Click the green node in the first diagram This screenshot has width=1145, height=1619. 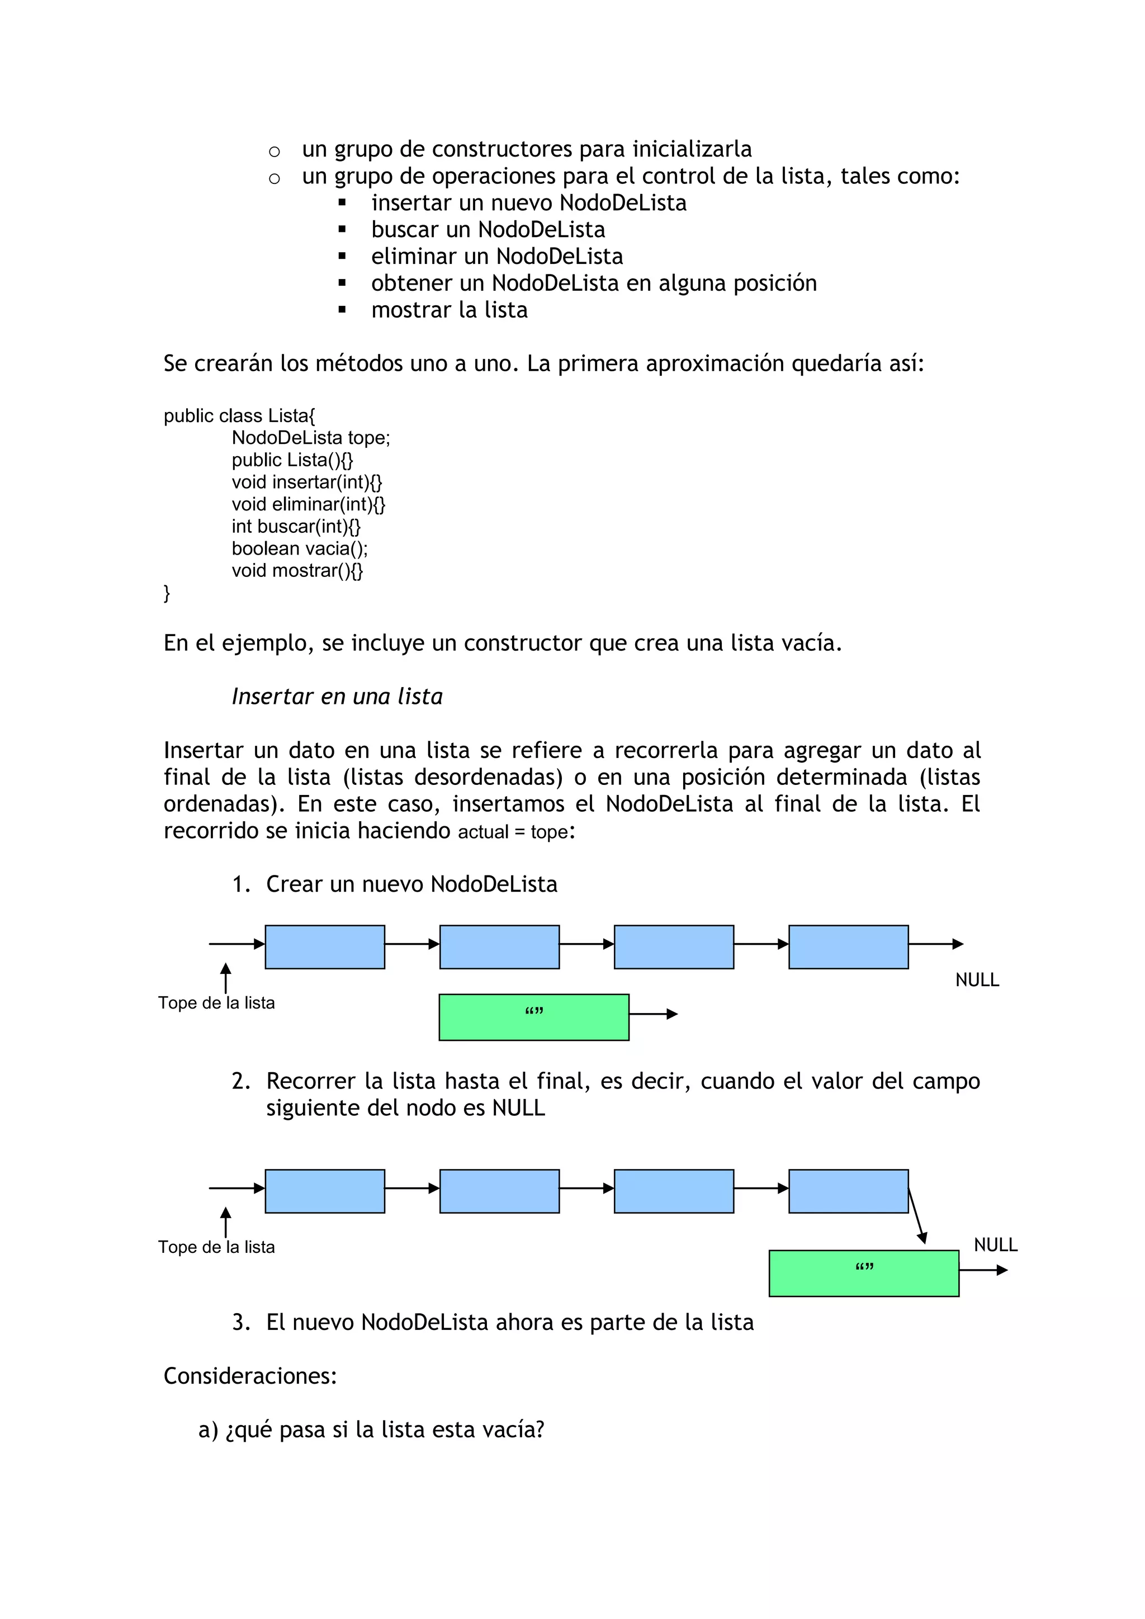coord(534,1017)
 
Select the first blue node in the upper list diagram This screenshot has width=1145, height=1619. coord(324,946)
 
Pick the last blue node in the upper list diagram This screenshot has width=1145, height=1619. coord(848,946)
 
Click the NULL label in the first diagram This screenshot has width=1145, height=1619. coord(977,979)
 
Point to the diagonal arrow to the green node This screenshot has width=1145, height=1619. coord(916,1216)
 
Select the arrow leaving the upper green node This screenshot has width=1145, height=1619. coord(652,1014)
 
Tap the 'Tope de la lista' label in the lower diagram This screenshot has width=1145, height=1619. coord(216,1247)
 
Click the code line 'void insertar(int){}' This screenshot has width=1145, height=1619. coord(307,482)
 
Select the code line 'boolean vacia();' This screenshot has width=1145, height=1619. coord(300,548)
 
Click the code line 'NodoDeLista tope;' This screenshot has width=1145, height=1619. coord(310,438)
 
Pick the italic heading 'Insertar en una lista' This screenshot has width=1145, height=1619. coord(337,697)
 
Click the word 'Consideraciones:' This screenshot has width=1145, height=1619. coord(250,1376)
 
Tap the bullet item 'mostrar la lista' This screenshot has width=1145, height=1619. coord(449,310)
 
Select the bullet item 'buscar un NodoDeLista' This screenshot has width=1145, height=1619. coord(488,229)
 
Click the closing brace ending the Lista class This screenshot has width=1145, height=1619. coord(167,593)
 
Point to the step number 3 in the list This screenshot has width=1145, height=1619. coord(240,1322)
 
